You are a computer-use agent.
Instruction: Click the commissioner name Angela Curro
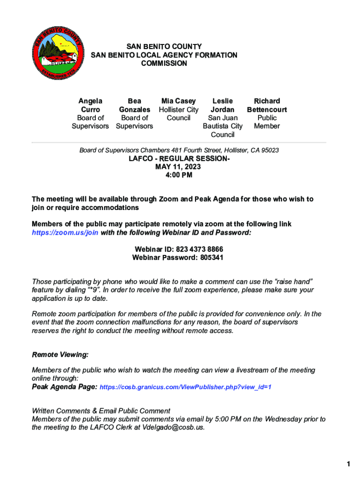90,105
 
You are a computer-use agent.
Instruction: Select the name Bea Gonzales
135,105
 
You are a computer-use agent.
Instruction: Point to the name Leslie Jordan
223,105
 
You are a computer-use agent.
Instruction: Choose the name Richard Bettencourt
267,105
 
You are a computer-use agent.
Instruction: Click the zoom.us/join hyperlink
65,232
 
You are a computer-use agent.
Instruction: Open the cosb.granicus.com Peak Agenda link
186,387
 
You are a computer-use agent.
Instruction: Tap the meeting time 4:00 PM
179,175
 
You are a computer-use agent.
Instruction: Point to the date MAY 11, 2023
179,167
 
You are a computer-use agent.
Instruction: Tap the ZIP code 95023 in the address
269,150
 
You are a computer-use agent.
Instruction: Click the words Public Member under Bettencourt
267,122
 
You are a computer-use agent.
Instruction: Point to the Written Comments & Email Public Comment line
101,411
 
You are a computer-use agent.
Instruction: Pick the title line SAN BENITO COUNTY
164,47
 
